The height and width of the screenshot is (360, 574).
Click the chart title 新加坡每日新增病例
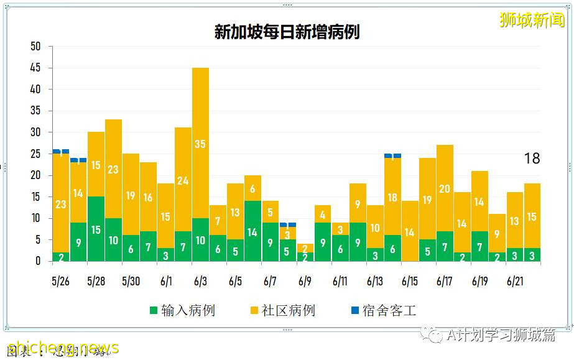tap(287, 32)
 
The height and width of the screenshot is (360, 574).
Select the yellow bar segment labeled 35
tap(200, 143)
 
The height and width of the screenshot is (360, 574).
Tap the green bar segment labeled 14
tap(252, 232)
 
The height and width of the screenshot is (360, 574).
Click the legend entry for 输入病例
tap(182, 310)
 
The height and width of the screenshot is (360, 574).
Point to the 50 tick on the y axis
tap(35, 47)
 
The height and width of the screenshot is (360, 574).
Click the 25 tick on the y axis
tap(35, 154)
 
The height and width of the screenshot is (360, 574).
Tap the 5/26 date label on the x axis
tap(61, 282)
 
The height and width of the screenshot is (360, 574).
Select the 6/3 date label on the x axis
tap(200, 282)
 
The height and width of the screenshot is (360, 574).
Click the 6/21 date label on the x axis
tap(515, 282)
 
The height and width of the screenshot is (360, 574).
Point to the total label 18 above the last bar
tap(532, 159)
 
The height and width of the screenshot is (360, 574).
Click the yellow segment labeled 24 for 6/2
tap(183, 180)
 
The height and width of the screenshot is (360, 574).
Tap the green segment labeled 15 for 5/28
tap(96, 229)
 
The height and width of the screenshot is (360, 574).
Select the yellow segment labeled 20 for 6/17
tap(445, 188)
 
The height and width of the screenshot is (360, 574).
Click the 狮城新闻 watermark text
tap(532, 20)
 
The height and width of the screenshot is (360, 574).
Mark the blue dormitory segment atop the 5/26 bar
tap(61, 151)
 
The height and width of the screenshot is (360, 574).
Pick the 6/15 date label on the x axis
tap(410, 282)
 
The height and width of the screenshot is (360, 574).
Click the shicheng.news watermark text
tap(62, 348)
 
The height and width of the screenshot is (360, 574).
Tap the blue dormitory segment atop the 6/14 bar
tap(392, 155)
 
